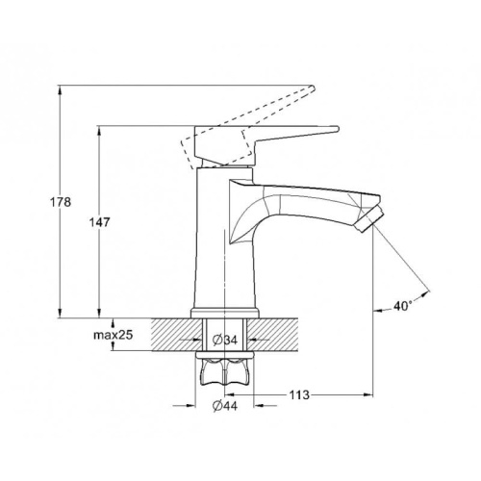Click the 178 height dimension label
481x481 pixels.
click(61, 202)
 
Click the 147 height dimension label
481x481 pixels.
click(99, 222)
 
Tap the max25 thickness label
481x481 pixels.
click(114, 335)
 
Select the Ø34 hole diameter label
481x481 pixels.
click(225, 340)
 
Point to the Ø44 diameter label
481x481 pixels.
click(225, 406)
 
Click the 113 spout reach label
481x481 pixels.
click(299, 394)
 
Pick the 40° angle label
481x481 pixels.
click(402, 306)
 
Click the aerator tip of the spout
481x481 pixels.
click(369, 219)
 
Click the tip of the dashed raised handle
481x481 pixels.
click(313, 88)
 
